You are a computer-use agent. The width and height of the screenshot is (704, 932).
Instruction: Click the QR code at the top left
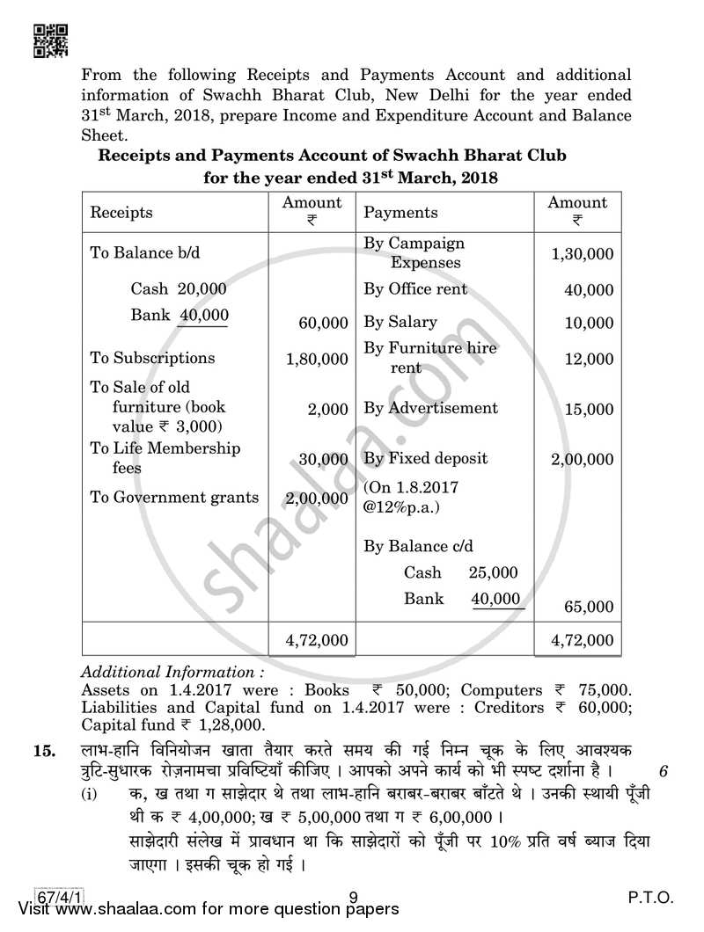48,40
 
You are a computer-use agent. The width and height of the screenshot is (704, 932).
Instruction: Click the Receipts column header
121,213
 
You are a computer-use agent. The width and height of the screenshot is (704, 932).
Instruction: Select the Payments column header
400,213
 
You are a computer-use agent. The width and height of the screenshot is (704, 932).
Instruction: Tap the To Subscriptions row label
152,358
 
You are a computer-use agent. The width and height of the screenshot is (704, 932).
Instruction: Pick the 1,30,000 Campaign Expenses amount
582,254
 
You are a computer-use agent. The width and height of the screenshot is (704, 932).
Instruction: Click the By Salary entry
400,322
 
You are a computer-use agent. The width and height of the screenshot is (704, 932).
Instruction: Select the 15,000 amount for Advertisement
588,409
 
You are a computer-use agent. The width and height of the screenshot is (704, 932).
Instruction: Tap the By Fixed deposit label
425,458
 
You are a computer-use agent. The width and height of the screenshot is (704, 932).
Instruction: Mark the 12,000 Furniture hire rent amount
588,359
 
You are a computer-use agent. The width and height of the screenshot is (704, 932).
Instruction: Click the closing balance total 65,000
588,607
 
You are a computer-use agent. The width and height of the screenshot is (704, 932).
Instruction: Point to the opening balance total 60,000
323,324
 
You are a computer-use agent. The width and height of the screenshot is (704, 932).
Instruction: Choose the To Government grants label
174,497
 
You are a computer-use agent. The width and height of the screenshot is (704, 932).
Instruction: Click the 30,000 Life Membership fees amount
323,459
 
